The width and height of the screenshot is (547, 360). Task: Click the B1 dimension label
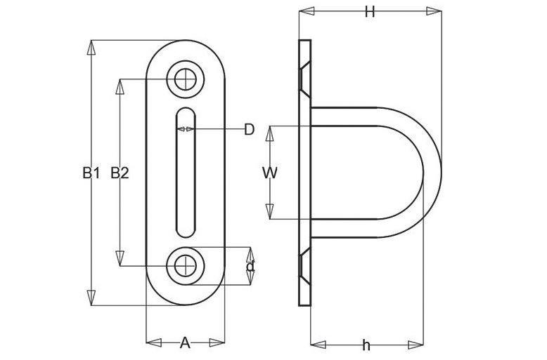pos(91,173)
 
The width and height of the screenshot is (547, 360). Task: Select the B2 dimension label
pos(120,173)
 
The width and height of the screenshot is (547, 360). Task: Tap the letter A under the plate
pos(185,343)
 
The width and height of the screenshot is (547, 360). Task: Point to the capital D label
pos(249,130)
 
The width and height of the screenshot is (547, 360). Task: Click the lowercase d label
pos(250,267)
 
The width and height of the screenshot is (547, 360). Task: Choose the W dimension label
pos(269,173)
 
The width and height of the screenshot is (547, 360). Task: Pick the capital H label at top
pos(370,12)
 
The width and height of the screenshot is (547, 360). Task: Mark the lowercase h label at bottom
pos(366,345)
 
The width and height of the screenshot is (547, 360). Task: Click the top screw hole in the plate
pos(185,80)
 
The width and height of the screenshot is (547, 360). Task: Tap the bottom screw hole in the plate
pos(185,267)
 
